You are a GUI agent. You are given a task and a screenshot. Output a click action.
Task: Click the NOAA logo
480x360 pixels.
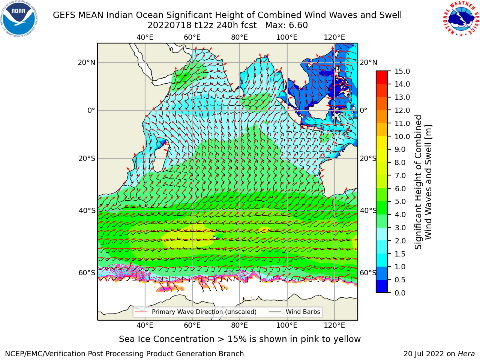coord(19,19)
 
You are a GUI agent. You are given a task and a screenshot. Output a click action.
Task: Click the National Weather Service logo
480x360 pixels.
coord(461,18)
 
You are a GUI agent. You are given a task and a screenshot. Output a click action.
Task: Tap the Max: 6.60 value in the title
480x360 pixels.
coord(286,25)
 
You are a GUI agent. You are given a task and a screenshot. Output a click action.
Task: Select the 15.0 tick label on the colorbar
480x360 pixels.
coord(402,71)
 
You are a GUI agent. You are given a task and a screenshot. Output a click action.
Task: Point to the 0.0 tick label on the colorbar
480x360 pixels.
coord(400,293)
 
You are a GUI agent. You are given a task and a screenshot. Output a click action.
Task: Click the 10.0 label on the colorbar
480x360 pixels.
coord(402,136)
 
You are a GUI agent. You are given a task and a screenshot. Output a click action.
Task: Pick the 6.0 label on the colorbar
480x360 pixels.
coord(400,189)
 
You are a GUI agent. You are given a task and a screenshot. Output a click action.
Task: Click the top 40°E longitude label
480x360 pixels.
coord(145,37)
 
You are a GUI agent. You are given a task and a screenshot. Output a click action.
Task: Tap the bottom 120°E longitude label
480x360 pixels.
coord(334,325)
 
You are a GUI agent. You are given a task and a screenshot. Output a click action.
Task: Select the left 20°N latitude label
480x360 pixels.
coord(87,63)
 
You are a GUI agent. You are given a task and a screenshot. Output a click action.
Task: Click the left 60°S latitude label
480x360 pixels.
coord(87,273)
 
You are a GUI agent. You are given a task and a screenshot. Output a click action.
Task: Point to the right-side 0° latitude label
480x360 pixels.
coord(364,110)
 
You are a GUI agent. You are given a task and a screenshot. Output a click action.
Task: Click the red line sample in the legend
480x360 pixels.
coord(141,312)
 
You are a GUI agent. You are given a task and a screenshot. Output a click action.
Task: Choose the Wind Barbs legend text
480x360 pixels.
coord(303,312)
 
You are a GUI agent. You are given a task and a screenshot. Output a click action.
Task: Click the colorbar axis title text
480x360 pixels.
coord(423,182)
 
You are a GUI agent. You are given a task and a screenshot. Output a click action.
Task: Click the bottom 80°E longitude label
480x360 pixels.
coord(240,325)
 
